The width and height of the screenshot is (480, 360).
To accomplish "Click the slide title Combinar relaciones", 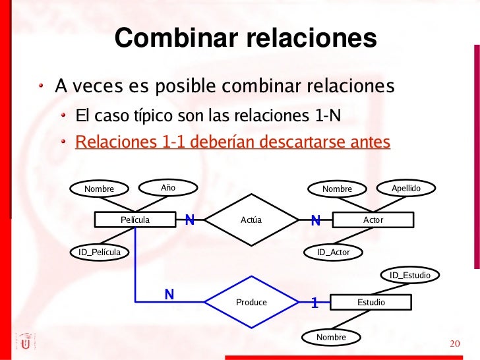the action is tap(245, 39).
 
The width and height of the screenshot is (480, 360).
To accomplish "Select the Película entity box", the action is tap(135, 220).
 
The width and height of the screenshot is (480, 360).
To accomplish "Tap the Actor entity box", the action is tap(373, 220).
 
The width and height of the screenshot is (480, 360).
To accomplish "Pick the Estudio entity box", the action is tap(371, 302).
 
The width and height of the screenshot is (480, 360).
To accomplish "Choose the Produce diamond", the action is tap(251, 302).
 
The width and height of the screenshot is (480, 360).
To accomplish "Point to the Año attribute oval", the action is tap(168, 188).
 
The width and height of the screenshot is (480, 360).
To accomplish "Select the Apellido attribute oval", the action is tap(406, 189).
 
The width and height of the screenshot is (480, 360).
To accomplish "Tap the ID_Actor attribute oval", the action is tap(333, 252).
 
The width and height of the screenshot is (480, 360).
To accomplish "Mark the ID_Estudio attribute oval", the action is tap(409, 275).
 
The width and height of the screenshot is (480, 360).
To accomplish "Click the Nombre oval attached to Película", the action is tap(99, 189).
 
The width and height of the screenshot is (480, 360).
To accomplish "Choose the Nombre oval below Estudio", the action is tap(331, 338).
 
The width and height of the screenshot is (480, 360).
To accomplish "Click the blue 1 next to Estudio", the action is tap(315, 303).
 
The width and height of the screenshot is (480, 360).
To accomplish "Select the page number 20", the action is tap(453, 344).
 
